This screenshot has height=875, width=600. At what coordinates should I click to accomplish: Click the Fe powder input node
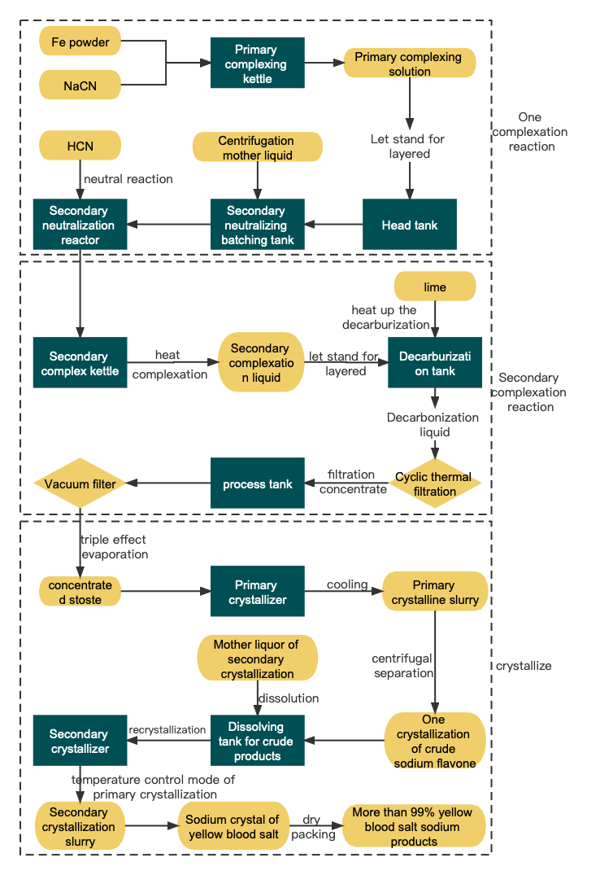click(x=80, y=42)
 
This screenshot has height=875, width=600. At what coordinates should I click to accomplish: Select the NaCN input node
click(x=80, y=85)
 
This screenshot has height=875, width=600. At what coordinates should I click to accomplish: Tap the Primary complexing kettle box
click(x=257, y=63)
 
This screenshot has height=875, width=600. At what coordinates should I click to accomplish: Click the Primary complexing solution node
click(x=409, y=63)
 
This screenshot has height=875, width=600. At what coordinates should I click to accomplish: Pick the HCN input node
click(x=80, y=147)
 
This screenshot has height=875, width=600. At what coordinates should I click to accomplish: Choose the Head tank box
click(x=409, y=225)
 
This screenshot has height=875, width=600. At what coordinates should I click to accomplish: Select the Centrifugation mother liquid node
click(x=257, y=147)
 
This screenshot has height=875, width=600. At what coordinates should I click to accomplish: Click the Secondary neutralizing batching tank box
click(x=257, y=225)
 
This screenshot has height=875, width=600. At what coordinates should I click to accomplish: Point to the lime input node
click(x=434, y=287)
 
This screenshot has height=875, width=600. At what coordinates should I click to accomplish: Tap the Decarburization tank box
click(x=434, y=363)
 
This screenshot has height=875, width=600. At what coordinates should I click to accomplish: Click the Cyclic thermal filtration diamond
click(x=434, y=483)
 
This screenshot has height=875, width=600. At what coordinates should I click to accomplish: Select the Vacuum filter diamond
click(x=80, y=483)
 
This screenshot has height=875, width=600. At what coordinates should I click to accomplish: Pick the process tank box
click(x=257, y=483)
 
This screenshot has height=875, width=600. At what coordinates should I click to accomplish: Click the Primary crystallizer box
click(x=257, y=592)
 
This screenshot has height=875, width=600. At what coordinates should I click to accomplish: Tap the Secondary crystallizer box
click(x=80, y=742)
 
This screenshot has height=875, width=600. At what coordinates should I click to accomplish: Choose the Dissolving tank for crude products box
click(x=257, y=741)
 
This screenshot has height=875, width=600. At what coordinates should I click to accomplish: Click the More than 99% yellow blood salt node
click(x=413, y=826)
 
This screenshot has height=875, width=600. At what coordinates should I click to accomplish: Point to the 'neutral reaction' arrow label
click(x=128, y=178)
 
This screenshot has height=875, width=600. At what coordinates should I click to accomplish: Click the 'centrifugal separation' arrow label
click(x=403, y=665)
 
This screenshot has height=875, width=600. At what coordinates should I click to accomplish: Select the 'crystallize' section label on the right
click(x=524, y=666)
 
